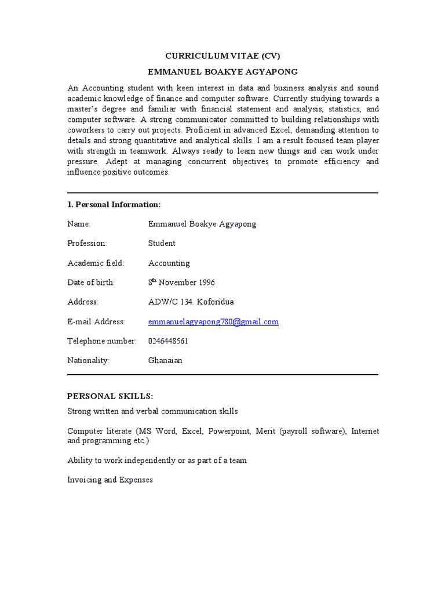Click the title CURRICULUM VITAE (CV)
tap(222, 56)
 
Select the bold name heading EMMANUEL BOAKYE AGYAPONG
tap(222, 72)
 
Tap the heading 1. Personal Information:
tap(114, 205)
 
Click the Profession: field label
tap(87, 244)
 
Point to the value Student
tap(162, 244)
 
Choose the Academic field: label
tap(96, 263)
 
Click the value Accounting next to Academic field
tap(169, 263)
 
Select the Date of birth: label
tap(91, 282)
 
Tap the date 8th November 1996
tap(181, 282)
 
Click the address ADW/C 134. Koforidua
tap(191, 302)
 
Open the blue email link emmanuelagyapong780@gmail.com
tap(213, 321)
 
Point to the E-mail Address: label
tap(96, 322)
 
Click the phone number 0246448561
tap(168, 341)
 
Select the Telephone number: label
tap(101, 341)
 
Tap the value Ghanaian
tap(165, 361)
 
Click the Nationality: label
tap(88, 361)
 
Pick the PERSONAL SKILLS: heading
tap(110, 396)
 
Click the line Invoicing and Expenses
tap(110, 480)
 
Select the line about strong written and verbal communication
tap(152, 412)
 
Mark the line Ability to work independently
tap(157, 461)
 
